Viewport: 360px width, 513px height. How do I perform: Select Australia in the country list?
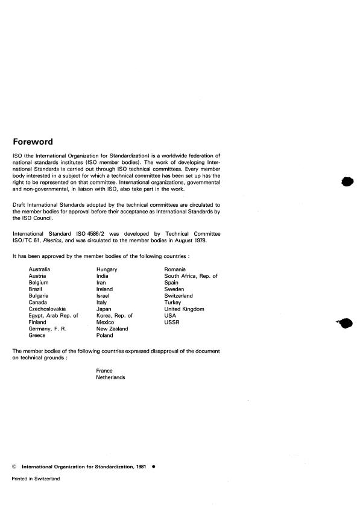click(39, 269)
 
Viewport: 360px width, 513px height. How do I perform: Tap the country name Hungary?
click(107, 269)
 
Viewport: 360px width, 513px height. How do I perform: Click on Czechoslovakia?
click(49, 309)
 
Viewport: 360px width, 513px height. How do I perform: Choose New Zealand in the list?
click(112, 329)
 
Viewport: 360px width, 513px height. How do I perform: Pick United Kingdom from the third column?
click(184, 309)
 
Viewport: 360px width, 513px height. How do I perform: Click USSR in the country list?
click(172, 322)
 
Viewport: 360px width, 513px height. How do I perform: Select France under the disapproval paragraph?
click(104, 371)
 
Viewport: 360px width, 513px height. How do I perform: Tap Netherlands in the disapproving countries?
click(111, 377)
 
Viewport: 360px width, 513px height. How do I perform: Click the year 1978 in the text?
click(200, 240)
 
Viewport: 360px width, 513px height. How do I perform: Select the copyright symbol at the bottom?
click(14, 466)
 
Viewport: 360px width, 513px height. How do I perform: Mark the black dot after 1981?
click(154, 466)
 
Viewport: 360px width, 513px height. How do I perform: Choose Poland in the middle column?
click(104, 335)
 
